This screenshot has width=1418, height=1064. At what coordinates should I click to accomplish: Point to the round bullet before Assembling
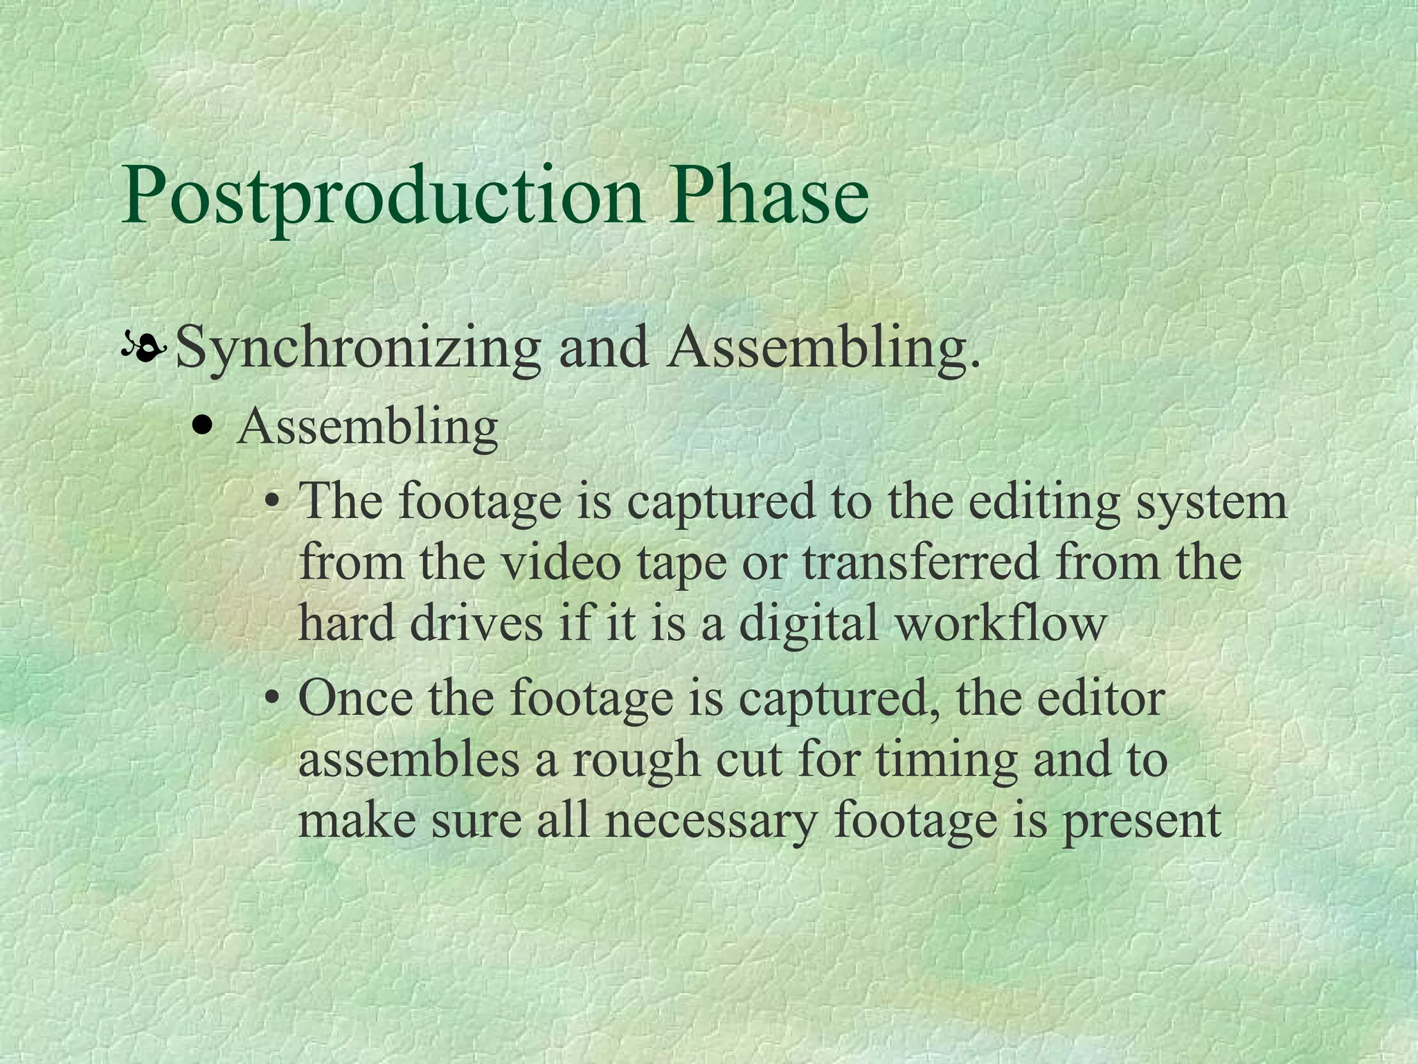pyautogui.click(x=202, y=427)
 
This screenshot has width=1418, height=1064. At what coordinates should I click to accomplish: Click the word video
pyautogui.click(x=561, y=562)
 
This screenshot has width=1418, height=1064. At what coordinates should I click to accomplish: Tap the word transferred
pyautogui.click(x=920, y=562)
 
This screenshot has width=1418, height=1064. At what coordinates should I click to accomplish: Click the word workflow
pyautogui.click(x=1000, y=622)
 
